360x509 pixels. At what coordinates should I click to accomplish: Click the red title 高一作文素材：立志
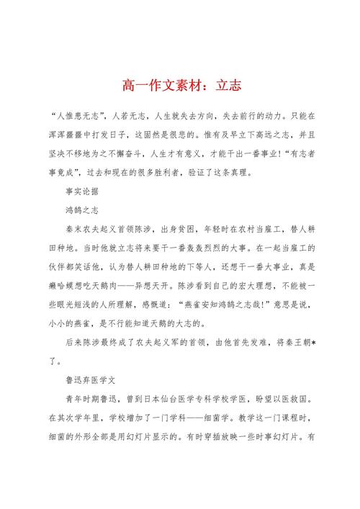pos(180,85)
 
